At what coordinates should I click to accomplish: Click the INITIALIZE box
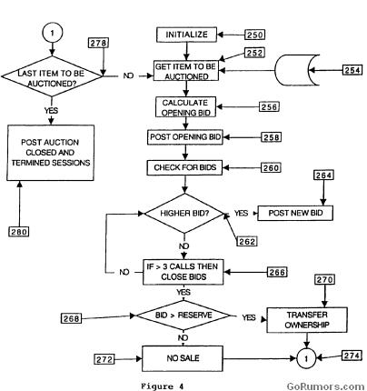[x=186, y=35]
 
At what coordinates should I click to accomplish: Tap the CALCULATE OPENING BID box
[x=185, y=106]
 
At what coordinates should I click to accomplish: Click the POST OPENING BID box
[x=185, y=136]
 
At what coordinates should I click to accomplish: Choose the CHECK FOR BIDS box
[x=185, y=167]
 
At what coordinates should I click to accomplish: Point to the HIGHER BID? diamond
[x=185, y=214]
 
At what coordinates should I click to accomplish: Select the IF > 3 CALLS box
[x=185, y=271]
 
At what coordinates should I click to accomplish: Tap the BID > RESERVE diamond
[x=185, y=318]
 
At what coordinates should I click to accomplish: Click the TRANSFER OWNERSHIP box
[x=299, y=318]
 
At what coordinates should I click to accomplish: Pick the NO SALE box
[x=185, y=358]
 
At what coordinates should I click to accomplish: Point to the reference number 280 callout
[x=19, y=231]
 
